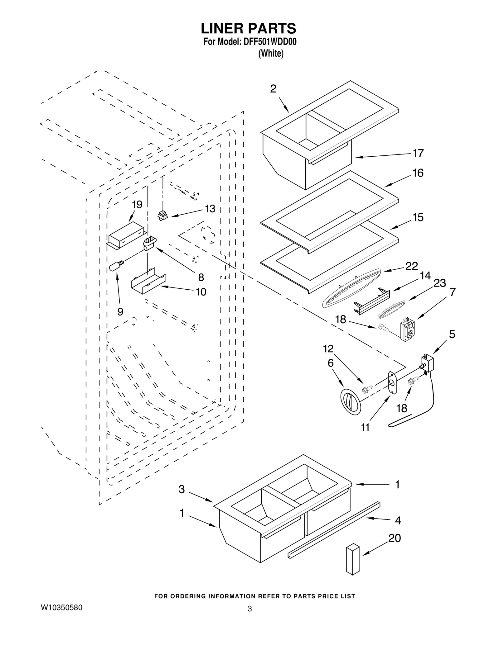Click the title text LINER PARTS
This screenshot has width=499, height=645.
[x=248, y=29]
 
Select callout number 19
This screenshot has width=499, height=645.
[x=137, y=205]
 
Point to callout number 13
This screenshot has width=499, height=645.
[x=210, y=209]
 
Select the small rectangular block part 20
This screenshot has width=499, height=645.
[x=353, y=559]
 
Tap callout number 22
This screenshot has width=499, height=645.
[x=411, y=266]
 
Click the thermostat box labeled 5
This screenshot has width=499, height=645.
[x=427, y=364]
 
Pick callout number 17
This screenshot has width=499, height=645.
[x=418, y=153]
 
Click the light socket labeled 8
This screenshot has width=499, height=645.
[x=149, y=244]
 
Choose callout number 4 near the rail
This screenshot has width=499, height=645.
[x=398, y=520]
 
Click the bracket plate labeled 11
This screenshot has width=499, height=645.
[x=391, y=383]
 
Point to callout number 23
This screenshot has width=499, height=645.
[x=439, y=283]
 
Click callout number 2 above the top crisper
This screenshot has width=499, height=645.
[x=273, y=89]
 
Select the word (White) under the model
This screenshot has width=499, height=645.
[x=271, y=54]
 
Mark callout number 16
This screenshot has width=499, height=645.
[x=418, y=173]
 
